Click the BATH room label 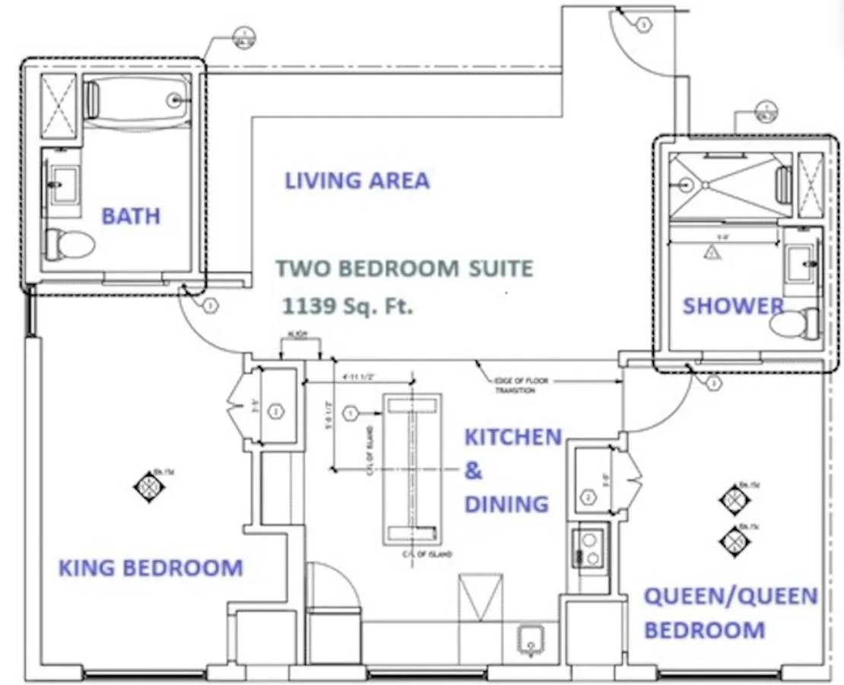131,216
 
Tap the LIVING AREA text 357,181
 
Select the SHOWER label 733,306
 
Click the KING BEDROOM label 151,568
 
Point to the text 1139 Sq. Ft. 347,307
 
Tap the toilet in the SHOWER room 794,324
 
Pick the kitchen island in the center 411,469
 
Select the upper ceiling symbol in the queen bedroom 735,499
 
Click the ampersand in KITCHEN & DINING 473,471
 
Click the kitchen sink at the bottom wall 530,640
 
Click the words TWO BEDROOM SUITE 405,269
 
